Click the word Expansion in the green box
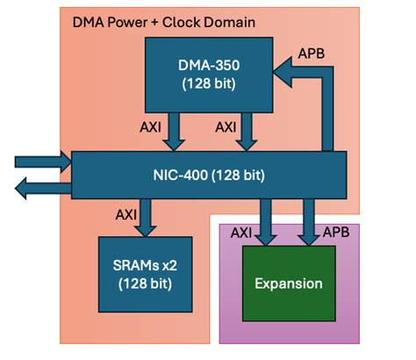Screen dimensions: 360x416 288,284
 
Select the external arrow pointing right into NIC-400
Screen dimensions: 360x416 39,160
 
